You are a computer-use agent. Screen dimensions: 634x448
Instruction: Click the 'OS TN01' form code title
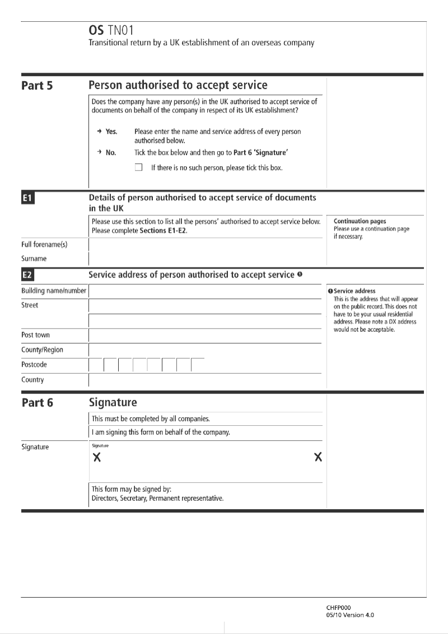point(111,30)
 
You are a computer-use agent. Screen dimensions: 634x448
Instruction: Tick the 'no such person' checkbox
point(139,167)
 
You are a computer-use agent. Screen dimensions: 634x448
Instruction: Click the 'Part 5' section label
point(37,86)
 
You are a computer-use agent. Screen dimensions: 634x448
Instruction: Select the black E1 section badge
point(27,198)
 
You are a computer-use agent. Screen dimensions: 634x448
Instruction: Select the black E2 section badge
point(27,275)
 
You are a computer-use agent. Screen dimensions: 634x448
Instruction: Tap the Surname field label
point(34,259)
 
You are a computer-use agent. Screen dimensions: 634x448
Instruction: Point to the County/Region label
point(42,350)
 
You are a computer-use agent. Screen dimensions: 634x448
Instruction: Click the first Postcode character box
point(96,365)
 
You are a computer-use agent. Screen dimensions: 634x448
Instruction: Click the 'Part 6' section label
point(37,403)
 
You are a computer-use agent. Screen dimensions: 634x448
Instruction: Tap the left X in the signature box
point(97,458)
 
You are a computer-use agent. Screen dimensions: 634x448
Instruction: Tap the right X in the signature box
point(318,457)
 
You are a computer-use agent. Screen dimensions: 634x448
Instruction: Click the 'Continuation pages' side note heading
point(360,222)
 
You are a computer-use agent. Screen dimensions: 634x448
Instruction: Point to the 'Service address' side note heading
point(354,291)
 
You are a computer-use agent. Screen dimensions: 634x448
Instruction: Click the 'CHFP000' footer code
point(339,608)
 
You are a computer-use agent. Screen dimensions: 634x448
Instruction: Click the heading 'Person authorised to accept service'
point(178,86)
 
